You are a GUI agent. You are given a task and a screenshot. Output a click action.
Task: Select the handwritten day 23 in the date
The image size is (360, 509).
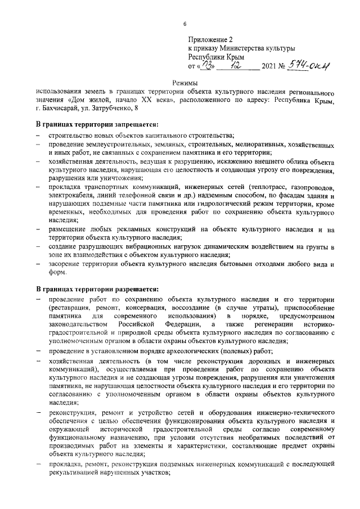(208, 67)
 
